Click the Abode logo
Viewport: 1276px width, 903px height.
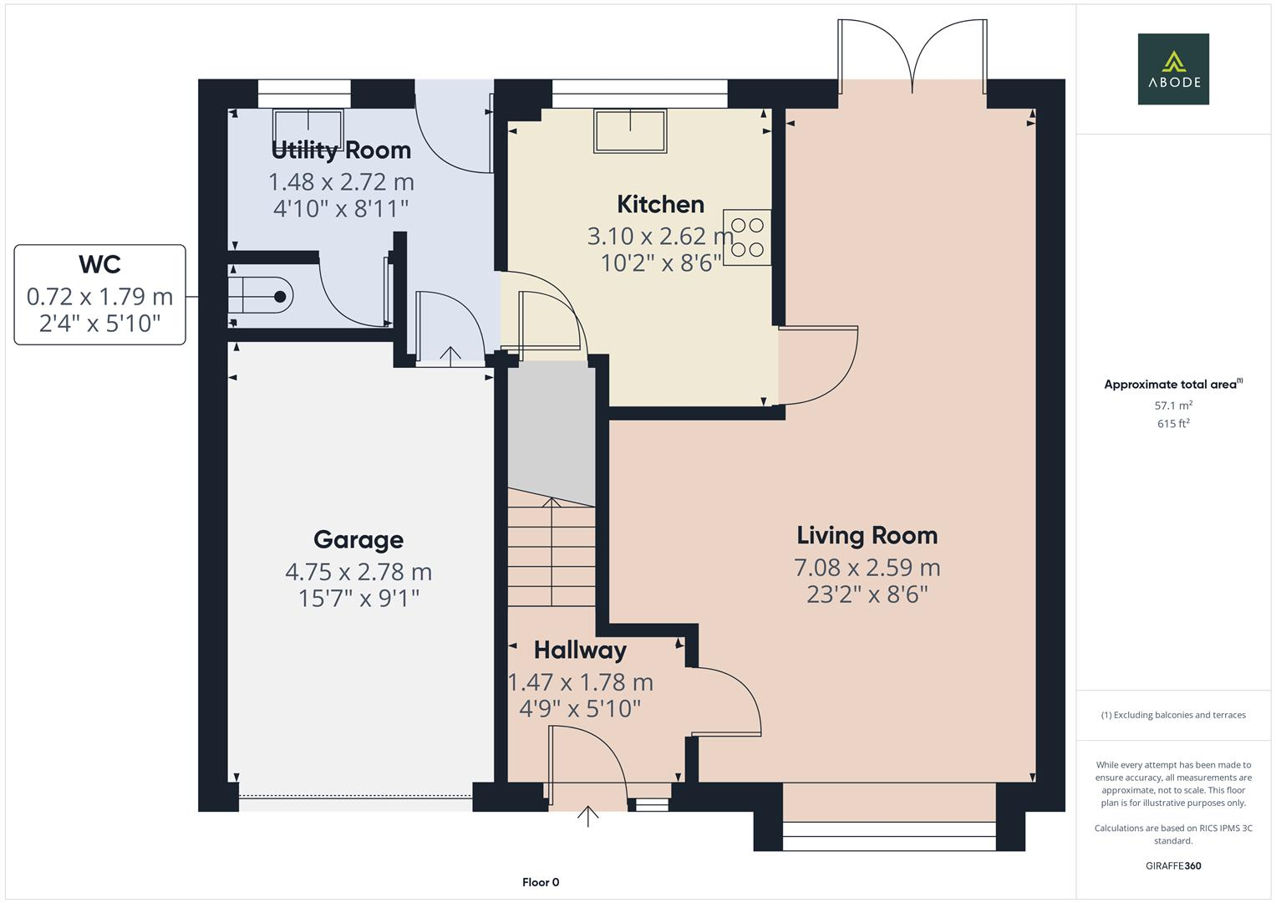click(1172, 69)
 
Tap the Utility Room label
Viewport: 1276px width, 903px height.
click(341, 150)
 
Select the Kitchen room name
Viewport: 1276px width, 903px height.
click(660, 204)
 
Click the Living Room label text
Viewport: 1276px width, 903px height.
click(867, 535)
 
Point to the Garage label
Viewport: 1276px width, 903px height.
click(358, 539)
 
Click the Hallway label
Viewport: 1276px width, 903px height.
click(580, 650)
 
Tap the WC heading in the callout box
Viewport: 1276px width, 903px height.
click(99, 264)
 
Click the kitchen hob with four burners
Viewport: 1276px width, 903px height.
click(747, 237)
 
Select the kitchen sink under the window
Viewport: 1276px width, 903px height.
click(630, 130)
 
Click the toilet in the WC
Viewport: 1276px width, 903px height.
click(264, 295)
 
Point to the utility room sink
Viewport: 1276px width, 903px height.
click(308, 128)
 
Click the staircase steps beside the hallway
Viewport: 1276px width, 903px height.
click(551, 552)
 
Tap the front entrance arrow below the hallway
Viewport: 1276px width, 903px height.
click(588, 815)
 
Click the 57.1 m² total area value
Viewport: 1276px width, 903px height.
click(1172, 406)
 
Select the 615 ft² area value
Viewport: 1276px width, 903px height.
click(1172, 424)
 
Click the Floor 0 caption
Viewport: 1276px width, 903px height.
click(540, 882)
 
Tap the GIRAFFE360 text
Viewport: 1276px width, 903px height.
click(1172, 865)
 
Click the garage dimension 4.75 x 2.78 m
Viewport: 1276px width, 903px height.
click(358, 572)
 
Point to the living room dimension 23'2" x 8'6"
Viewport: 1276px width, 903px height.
click(867, 594)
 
